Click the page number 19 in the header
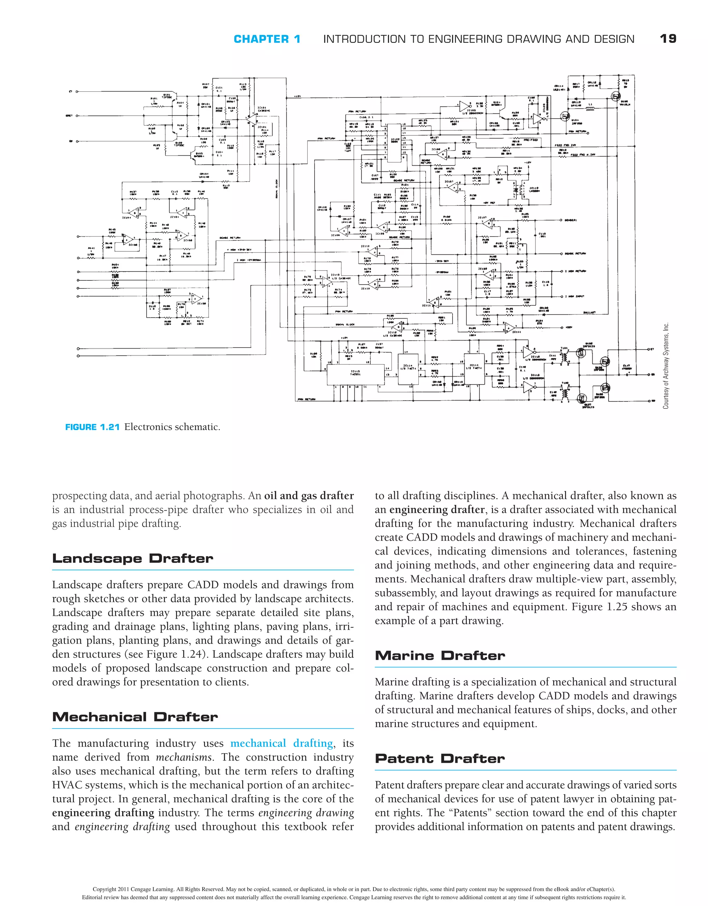click(x=668, y=39)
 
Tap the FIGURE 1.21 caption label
click(x=92, y=427)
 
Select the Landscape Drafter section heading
click(x=132, y=558)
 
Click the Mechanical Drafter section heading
click(x=135, y=717)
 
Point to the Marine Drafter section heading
click(x=440, y=655)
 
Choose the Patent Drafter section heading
click(x=440, y=758)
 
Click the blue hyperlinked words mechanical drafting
click(x=282, y=743)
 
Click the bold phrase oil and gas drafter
click(x=309, y=496)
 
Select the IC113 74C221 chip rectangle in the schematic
click(x=356, y=374)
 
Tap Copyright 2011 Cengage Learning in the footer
click(x=133, y=889)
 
